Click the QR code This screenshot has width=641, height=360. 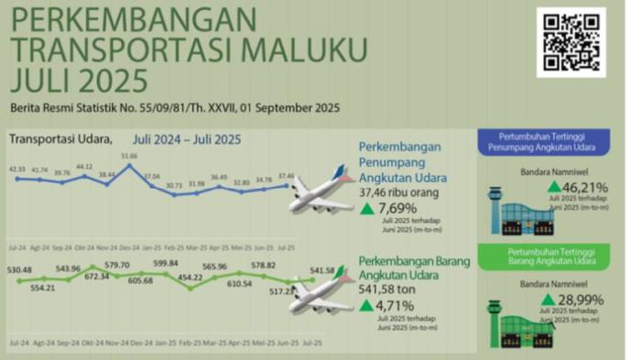click(x=570, y=41)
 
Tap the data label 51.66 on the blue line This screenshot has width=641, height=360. click(x=129, y=157)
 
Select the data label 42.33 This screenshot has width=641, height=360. click(x=17, y=169)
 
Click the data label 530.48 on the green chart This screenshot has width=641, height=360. click(x=18, y=270)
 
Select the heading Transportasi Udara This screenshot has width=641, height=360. click(x=60, y=139)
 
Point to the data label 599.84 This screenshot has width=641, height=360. click(x=166, y=263)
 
